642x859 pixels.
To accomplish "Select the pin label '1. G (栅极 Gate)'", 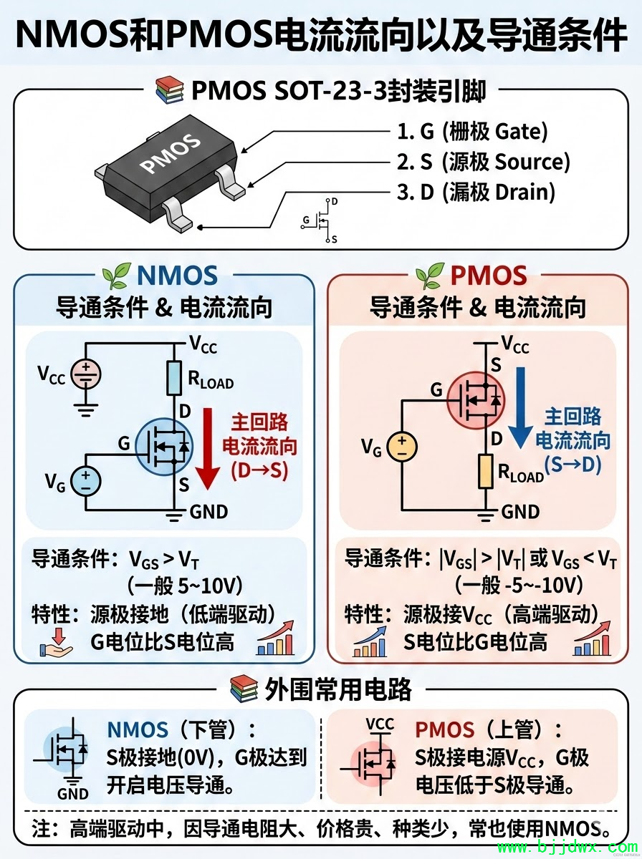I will click(472, 131).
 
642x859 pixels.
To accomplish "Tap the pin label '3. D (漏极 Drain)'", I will click(476, 192).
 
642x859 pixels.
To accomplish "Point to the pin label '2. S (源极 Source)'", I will click(484, 162).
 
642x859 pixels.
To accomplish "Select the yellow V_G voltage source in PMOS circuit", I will click(401, 447).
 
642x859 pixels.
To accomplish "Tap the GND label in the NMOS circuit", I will click(209, 511).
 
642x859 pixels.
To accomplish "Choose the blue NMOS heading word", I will click(177, 276).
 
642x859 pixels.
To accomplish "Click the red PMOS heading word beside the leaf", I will click(489, 276).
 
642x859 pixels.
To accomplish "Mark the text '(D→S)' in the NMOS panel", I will click(259, 472).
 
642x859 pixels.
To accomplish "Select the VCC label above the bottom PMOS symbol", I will click(380, 724).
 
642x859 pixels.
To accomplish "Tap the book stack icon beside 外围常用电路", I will click(244, 689).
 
